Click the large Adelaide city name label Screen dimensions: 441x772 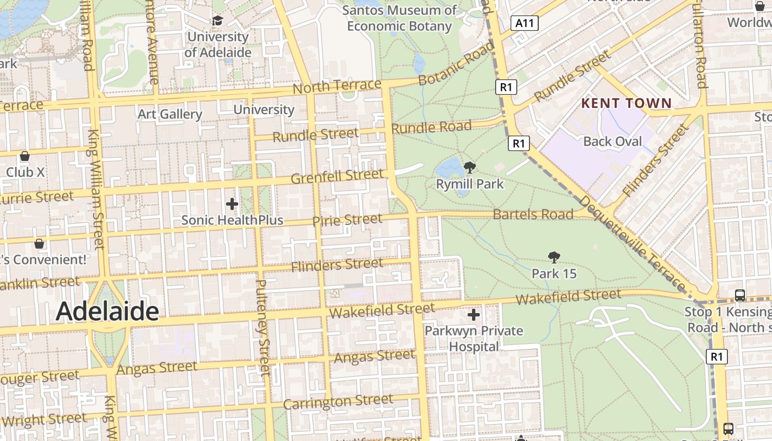tap(108, 311)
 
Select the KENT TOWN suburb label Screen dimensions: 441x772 tap(626, 103)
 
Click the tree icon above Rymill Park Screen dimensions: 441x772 tap(470, 167)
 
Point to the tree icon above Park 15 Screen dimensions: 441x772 tap(554, 257)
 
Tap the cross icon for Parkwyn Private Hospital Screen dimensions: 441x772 tap(474, 315)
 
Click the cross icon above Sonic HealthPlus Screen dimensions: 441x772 tap(232, 204)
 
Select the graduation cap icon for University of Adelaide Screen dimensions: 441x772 tap(217, 21)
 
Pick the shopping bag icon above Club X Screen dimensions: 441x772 tap(25, 156)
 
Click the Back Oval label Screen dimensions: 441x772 tap(613, 142)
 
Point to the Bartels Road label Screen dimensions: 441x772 tap(533, 214)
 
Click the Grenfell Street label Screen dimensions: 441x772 tap(336, 177)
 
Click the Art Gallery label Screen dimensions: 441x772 tap(170, 114)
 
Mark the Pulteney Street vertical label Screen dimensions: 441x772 tap(262, 327)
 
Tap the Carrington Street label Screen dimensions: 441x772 tap(338, 402)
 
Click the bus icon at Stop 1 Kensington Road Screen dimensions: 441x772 tap(740, 295)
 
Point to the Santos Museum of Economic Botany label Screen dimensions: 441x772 tap(399, 18)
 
